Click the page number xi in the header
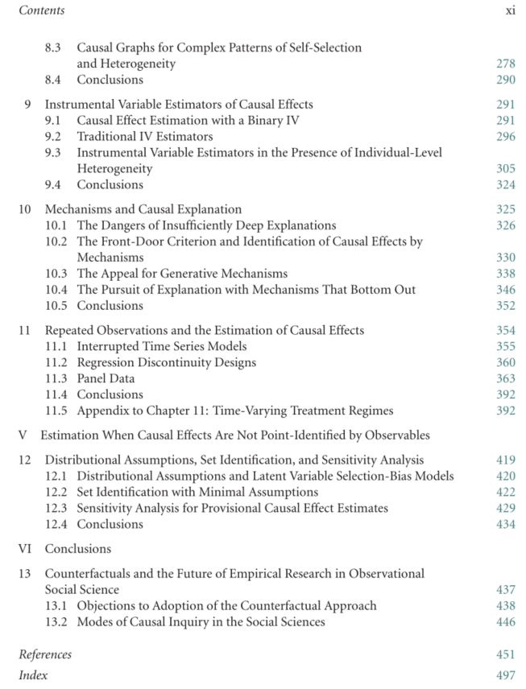point(510,10)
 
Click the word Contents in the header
point(41,10)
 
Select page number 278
point(506,63)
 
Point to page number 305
point(506,169)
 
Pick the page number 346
point(506,290)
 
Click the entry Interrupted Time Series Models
point(162,346)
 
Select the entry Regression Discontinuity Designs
point(167,362)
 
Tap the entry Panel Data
point(106,378)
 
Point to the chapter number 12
point(26,460)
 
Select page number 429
point(506,508)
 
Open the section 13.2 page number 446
point(506,621)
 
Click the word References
point(45,654)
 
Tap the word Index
point(33,675)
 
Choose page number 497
point(506,675)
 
